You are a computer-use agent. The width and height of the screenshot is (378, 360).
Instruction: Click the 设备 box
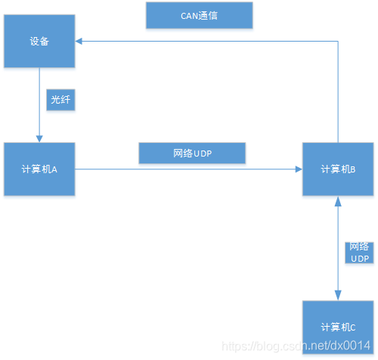tap(39, 42)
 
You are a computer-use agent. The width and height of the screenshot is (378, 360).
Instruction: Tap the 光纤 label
tap(60, 101)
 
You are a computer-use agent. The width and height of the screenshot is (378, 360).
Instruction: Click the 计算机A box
tap(39, 169)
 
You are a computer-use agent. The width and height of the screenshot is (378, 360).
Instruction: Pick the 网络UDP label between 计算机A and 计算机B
tap(193, 154)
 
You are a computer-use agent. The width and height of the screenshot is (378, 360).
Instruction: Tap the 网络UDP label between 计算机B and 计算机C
tap(359, 253)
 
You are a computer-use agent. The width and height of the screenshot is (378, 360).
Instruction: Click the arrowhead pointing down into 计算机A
tap(39, 137)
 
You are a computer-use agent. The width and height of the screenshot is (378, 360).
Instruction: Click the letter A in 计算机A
tap(55, 169)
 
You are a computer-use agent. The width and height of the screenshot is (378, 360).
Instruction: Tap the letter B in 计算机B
tap(353, 169)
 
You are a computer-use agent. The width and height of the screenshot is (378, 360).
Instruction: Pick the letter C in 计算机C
tap(352, 327)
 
